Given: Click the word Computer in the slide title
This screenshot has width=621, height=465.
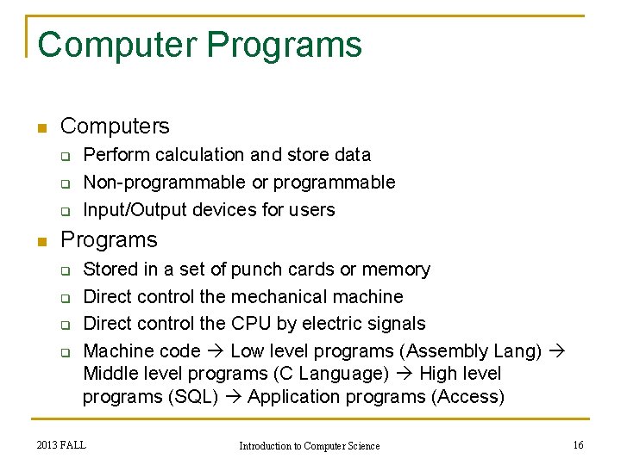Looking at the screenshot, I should [x=117, y=45].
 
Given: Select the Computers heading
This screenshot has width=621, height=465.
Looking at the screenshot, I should [x=115, y=127].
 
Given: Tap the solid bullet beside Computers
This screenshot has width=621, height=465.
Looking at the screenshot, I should [x=40, y=128].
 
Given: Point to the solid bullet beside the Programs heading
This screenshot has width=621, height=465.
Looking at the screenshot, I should [x=40, y=242].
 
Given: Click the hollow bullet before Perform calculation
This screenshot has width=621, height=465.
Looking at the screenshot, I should [x=64, y=157].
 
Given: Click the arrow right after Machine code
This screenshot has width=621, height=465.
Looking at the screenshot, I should [x=216, y=351].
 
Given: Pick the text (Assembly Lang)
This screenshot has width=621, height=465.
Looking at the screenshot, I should [x=472, y=351].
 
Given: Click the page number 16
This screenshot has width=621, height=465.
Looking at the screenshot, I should [x=578, y=444].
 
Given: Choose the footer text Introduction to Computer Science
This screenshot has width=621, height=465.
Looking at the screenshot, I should [x=309, y=445].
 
